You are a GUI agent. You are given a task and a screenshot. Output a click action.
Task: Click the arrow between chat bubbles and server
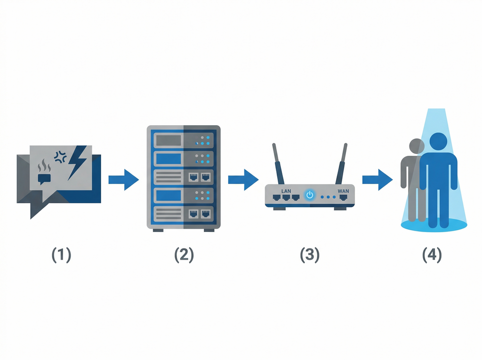[x=123, y=179]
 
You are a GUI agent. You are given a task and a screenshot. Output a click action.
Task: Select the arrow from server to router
[x=243, y=179]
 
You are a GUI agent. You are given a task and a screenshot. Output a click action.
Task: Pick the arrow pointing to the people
[x=377, y=179]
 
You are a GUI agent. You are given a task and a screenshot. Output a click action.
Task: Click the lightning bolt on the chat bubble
[x=77, y=162]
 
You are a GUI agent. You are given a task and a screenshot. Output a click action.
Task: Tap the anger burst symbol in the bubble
[x=60, y=157]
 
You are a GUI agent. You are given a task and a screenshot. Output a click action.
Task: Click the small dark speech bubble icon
[x=44, y=178]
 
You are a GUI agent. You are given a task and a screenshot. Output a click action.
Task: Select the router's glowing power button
[x=309, y=194]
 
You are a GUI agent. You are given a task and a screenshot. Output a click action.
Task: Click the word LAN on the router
[x=286, y=191]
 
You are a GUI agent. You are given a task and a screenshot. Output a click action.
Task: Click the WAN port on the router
[x=344, y=198]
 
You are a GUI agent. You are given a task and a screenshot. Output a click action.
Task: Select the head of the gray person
[x=416, y=146]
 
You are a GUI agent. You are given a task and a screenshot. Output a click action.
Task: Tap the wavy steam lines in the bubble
[x=44, y=166]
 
